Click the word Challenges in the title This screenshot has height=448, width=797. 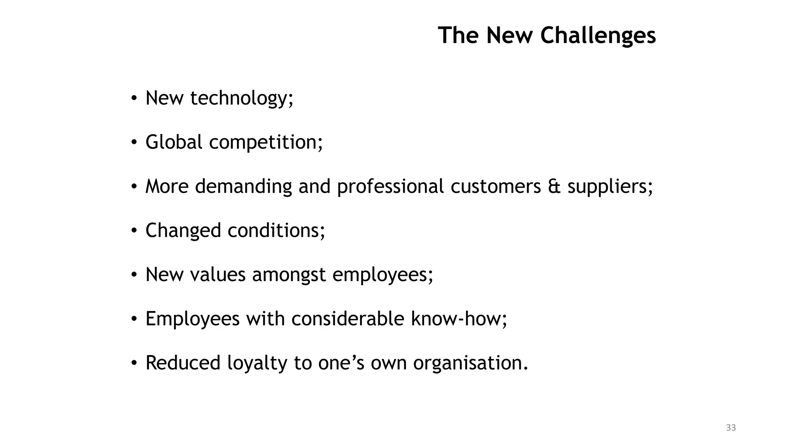598,35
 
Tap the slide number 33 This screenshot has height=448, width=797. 731,428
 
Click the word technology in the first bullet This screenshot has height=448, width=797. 241,98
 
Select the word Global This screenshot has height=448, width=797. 174,142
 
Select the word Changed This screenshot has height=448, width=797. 183,231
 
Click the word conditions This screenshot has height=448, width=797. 276,231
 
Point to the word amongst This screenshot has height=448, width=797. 289,275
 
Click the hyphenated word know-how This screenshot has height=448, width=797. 458,318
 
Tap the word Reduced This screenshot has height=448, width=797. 183,363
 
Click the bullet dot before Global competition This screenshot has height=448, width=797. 134,143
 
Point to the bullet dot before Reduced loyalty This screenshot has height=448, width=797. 134,363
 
